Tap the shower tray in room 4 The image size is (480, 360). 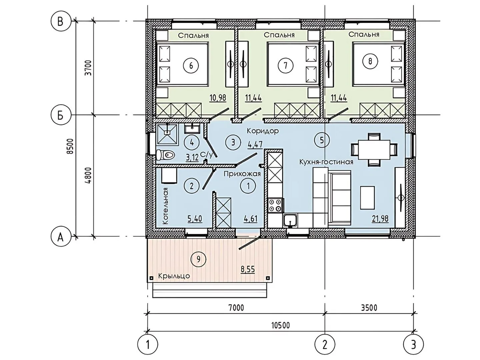click(x=168, y=134)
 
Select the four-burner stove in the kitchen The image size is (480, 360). click(x=275, y=205)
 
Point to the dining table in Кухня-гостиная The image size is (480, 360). click(x=374, y=150)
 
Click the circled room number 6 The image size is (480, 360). click(x=191, y=65)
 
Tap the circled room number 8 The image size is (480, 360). click(x=370, y=61)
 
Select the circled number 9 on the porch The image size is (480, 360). click(x=198, y=259)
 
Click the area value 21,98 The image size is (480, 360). click(x=380, y=218)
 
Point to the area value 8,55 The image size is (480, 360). click(x=248, y=269)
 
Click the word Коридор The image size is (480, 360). click(x=263, y=131)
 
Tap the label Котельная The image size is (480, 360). click(x=166, y=206)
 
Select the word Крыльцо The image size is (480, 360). click(x=174, y=276)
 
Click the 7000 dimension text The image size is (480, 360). click(x=236, y=308)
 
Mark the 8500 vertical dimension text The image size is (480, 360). click(x=70, y=146)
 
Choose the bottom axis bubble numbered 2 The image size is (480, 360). click(x=325, y=345)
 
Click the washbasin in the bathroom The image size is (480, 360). click(x=192, y=129)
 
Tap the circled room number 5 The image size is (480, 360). click(x=321, y=140)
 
